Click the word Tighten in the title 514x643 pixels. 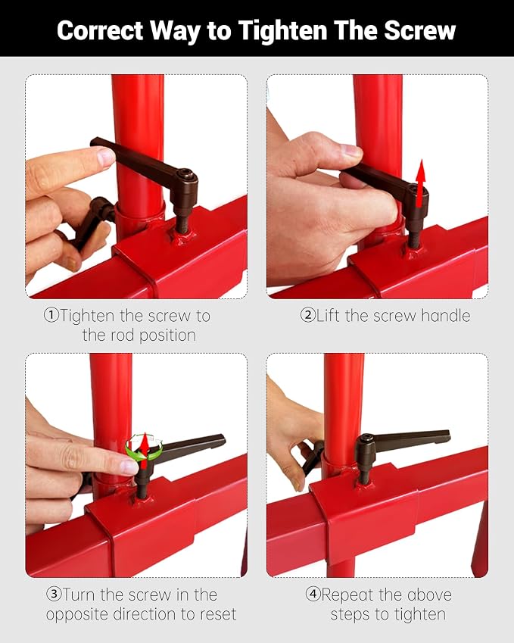(282, 31)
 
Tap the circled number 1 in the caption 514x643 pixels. (51, 315)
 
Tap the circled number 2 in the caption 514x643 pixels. (308, 315)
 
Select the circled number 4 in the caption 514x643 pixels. (313, 595)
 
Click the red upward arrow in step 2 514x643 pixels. (420, 184)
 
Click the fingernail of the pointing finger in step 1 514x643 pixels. (106, 157)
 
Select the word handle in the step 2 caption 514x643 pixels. (446, 315)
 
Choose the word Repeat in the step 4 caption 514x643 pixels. (348, 595)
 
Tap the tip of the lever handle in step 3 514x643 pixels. (222, 439)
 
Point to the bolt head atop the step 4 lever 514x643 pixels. (366, 439)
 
